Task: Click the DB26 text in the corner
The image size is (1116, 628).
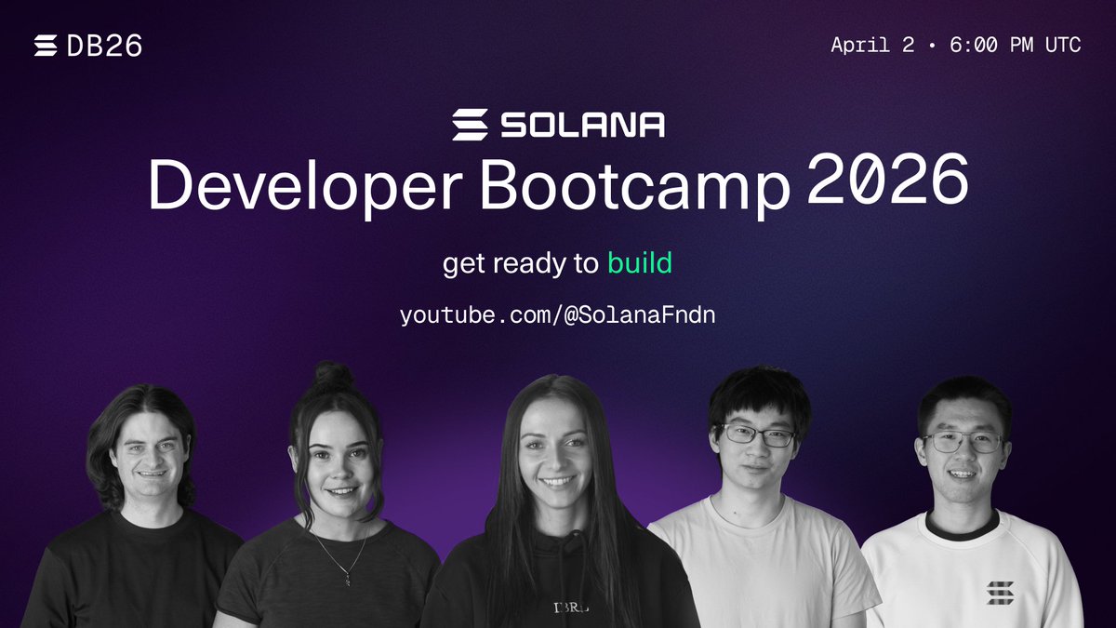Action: coord(105,46)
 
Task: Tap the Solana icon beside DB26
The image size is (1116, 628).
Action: coord(46,46)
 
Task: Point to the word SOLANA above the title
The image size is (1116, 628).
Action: coord(583,125)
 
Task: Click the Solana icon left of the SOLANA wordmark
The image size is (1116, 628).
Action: coord(471,125)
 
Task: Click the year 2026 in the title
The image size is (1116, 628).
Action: coord(887,179)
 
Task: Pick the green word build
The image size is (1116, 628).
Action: coord(640,264)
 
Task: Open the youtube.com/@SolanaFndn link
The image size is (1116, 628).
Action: coord(557,315)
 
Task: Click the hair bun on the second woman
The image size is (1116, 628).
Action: coord(333,377)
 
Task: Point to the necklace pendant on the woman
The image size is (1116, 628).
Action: coord(347,579)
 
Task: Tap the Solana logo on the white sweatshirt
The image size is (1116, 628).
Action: coord(1000,592)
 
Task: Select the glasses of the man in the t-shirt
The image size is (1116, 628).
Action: coord(759,434)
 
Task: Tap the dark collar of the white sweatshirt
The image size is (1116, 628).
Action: coord(962,528)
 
